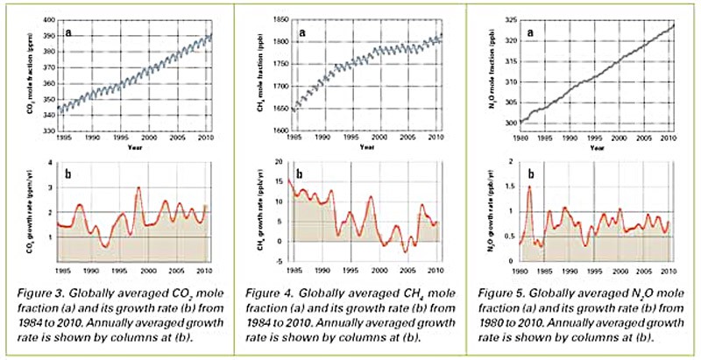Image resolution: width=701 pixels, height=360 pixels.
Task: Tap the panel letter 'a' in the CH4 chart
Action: (x=302, y=33)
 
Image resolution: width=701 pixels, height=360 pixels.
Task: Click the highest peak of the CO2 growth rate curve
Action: (x=138, y=188)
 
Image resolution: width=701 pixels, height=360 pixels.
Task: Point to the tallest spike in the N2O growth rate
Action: (x=529, y=187)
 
